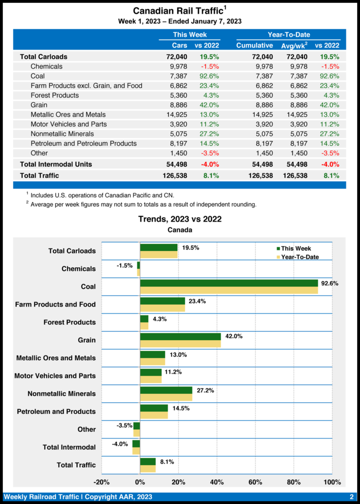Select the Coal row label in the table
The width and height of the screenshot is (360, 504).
[x=37, y=76]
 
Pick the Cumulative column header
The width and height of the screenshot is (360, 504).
[x=254, y=45]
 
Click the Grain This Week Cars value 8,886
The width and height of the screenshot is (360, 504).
[x=177, y=105]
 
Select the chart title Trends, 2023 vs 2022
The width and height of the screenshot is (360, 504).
[x=180, y=219]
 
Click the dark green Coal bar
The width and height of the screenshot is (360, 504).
[x=229, y=283]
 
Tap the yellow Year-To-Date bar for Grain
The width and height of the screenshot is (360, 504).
[x=180, y=344]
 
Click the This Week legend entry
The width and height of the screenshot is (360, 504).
[x=294, y=249]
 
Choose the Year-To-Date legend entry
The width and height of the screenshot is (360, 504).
[x=297, y=257]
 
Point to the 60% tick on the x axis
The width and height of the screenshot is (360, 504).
[x=256, y=481]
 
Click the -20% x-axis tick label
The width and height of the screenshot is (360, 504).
[x=101, y=481]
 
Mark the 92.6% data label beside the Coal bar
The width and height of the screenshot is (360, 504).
[x=329, y=283]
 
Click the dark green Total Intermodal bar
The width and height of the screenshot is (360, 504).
[x=136, y=443]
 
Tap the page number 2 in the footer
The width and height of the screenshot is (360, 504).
[x=352, y=497]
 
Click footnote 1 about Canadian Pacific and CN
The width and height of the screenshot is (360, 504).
[x=100, y=195]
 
